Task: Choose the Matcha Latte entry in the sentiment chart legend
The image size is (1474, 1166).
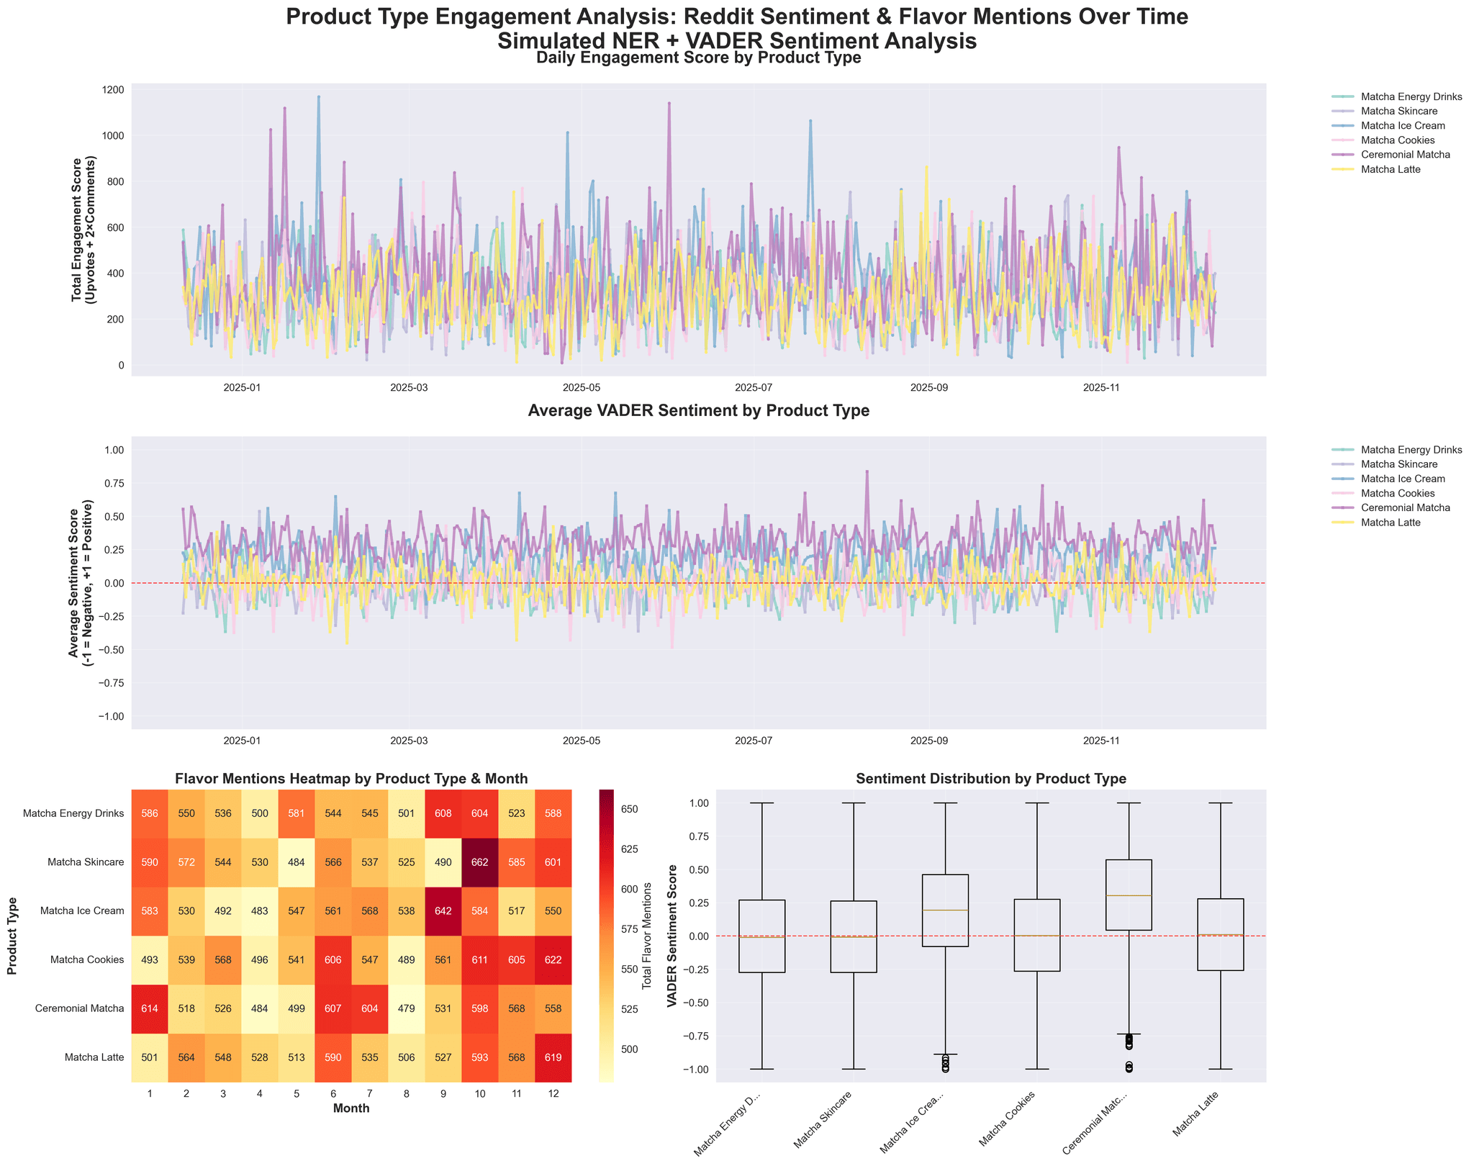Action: [x=1411, y=523]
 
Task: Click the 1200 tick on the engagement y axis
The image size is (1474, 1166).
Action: [x=113, y=90]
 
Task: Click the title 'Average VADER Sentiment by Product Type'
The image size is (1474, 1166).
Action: [x=698, y=411]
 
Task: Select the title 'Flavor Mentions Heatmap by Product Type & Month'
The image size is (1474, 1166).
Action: [x=351, y=779]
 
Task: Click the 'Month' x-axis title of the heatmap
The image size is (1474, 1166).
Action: [x=351, y=1108]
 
